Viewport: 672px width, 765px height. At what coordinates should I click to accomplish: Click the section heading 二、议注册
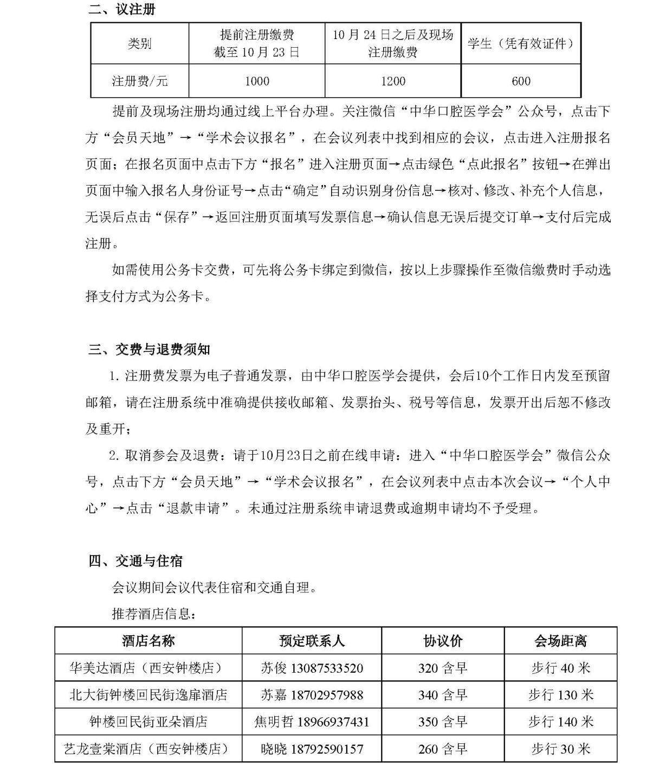point(122,9)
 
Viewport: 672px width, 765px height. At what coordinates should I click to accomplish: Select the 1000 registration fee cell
point(257,81)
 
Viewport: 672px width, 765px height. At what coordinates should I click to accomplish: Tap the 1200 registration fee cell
point(393,81)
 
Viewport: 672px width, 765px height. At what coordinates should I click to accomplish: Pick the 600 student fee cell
point(521,81)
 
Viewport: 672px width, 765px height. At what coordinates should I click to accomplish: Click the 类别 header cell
point(139,43)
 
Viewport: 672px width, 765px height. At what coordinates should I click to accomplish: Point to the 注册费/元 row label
point(139,81)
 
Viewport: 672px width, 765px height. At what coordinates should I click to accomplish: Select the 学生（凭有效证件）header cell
point(521,43)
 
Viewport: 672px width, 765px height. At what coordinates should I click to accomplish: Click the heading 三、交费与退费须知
point(150,349)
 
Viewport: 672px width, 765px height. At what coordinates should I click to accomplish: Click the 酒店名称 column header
point(148,641)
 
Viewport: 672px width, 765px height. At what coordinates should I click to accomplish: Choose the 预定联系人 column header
point(312,641)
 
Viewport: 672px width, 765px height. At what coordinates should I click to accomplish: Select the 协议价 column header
point(443,641)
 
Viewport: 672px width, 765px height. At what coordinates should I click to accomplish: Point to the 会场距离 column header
point(560,641)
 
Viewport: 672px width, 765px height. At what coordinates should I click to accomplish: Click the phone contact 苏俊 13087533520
point(312,668)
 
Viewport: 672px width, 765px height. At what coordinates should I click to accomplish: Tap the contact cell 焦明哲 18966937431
point(312,722)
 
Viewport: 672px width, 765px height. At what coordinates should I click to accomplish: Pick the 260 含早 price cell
point(443,749)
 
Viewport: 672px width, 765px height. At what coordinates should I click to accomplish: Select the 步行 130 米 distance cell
point(560,695)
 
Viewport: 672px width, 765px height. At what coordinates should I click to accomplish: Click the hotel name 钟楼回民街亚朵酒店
point(148,722)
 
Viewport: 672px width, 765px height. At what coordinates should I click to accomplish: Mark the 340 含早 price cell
point(443,695)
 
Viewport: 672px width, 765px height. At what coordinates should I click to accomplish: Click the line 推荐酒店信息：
point(153,614)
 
